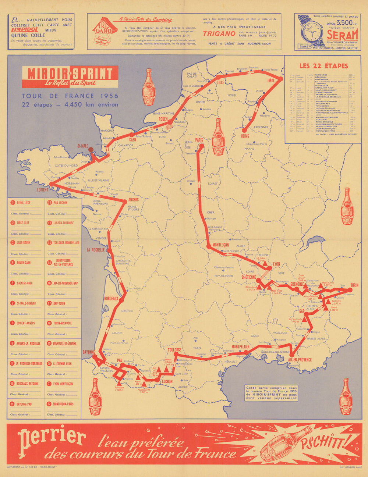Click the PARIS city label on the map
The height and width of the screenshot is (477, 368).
pyautogui.click(x=199, y=140)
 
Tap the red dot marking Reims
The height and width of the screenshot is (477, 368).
pyautogui.click(x=243, y=130)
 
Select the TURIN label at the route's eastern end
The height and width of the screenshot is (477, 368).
pyautogui.click(x=354, y=285)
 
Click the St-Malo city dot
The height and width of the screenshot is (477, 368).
pyautogui.click(x=91, y=150)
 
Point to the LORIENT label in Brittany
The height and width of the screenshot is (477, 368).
pyautogui.click(x=43, y=190)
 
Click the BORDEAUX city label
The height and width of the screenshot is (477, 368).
pyautogui.click(x=111, y=298)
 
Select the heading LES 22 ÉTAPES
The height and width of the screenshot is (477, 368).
pyautogui.click(x=323, y=66)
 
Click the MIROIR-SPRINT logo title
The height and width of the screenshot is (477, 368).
pyautogui.click(x=70, y=74)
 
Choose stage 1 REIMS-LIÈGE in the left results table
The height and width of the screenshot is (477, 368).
pyautogui.click(x=23, y=203)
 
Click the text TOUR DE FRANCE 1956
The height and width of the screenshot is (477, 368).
pyautogui.click(x=70, y=96)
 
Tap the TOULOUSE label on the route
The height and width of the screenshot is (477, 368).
pyautogui.click(x=175, y=350)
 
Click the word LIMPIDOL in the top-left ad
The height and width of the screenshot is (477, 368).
pyautogui.click(x=24, y=30)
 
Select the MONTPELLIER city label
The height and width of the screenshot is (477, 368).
pyautogui.click(x=241, y=347)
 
